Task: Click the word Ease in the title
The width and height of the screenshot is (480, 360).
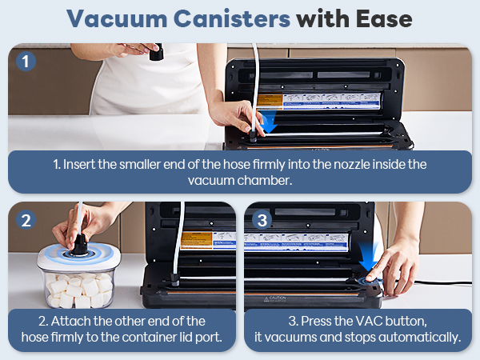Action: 384,18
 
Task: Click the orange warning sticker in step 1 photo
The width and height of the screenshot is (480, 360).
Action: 271,101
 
